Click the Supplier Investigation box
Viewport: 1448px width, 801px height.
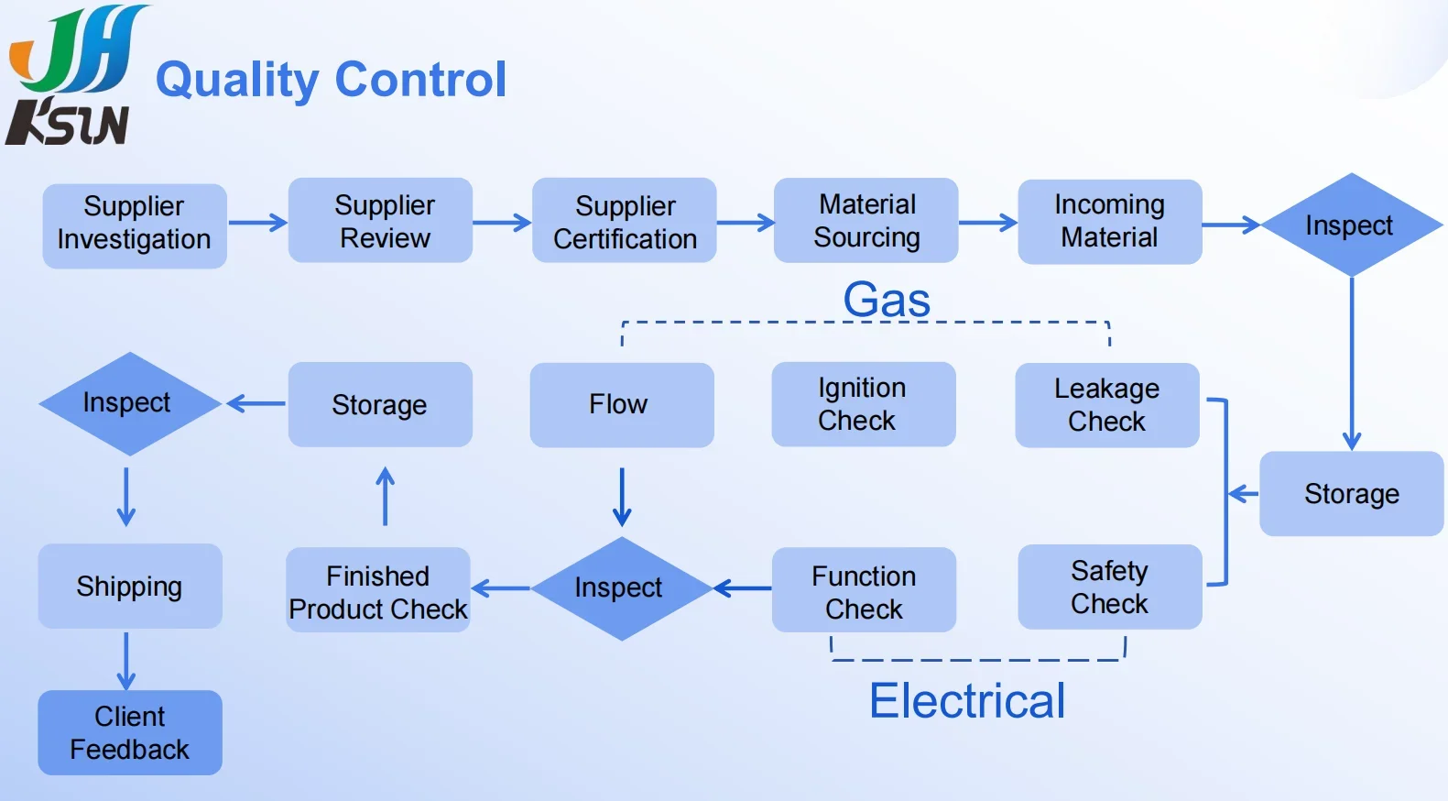[135, 225]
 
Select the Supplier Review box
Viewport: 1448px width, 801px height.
[380, 220]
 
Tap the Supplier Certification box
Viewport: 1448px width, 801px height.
[625, 220]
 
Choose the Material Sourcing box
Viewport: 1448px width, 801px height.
[866, 220]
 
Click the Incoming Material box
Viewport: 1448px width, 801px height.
[1110, 221]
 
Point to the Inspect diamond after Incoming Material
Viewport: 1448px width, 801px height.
[1352, 225]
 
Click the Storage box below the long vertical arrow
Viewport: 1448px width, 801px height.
[1352, 494]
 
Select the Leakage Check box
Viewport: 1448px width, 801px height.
[1107, 405]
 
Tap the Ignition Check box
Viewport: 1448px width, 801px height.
[864, 404]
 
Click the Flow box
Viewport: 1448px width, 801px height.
[622, 405]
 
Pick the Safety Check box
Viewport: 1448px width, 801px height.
[1110, 587]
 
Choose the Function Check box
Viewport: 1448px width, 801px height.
[864, 589]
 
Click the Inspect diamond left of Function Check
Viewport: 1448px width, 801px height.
[621, 588]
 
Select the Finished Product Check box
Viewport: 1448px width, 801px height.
[378, 589]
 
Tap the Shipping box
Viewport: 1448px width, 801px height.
[130, 587]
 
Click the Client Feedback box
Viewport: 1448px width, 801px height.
[130, 732]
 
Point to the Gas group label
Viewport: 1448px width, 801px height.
[887, 300]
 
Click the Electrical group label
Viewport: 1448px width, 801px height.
[967, 700]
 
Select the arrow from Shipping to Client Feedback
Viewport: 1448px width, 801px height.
[126, 662]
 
